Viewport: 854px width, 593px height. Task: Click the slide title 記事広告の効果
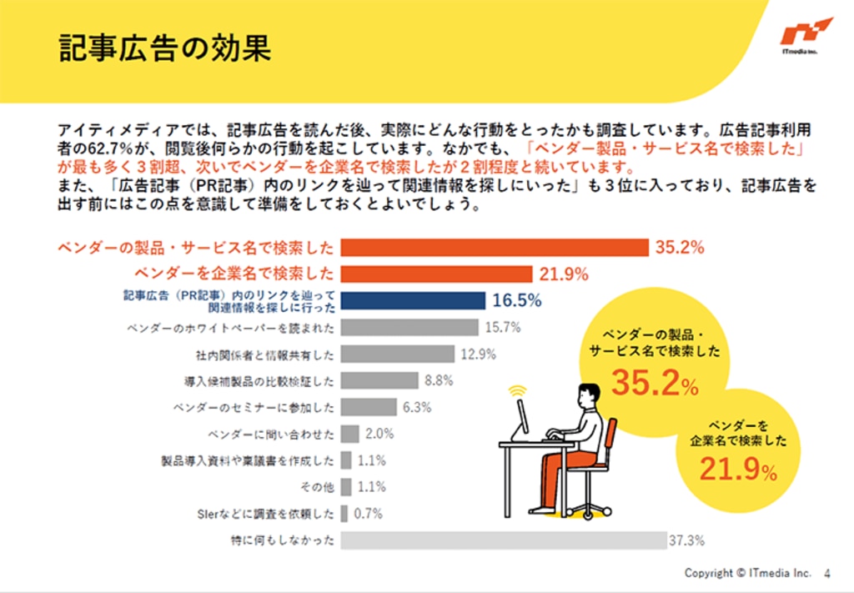165,48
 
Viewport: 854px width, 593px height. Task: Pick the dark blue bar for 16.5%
414,300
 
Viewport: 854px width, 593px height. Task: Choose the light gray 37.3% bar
504,540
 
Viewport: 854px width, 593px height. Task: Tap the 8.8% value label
439,380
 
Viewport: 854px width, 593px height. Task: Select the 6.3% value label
415,407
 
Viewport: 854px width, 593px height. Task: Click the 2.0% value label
379,434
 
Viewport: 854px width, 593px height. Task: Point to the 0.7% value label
368,514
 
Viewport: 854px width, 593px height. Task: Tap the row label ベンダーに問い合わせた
271,434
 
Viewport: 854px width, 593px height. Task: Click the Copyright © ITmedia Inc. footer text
747,574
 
